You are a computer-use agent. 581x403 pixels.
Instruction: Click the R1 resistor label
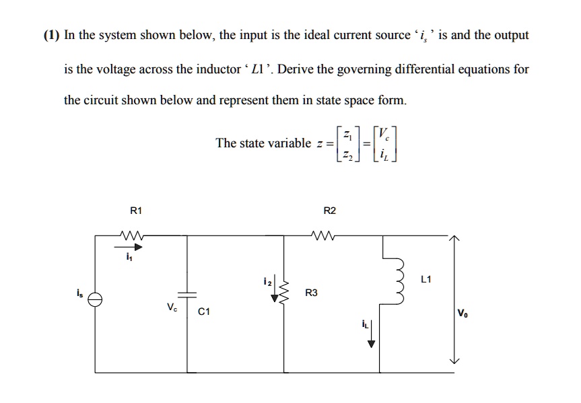click(135, 211)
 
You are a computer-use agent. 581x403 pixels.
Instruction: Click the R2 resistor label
click(329, 211)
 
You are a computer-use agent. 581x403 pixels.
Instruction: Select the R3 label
click(312, 293)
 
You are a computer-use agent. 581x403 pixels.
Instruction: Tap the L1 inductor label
click(424, 278)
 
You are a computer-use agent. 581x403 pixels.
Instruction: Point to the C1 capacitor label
click(205, 312)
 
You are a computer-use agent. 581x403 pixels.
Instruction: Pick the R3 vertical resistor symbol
click(284, 291)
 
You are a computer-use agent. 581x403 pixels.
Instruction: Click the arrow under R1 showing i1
click(129, 247)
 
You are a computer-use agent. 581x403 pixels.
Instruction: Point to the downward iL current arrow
click(370, 335)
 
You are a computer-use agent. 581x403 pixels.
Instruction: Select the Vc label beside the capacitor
click(172, 307)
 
